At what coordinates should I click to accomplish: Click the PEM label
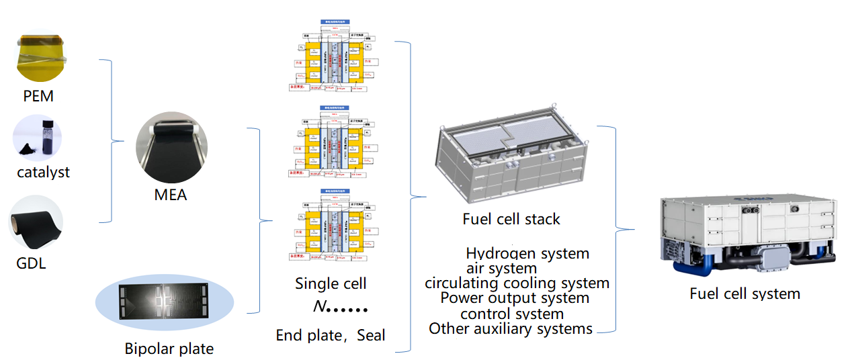[38, 97]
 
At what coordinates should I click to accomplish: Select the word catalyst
[44, 173]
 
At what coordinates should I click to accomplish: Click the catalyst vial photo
[38, 138]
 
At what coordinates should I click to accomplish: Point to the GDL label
[31, 263]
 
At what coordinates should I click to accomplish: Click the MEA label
[171, 196]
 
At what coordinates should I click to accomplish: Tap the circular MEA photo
[171, 148]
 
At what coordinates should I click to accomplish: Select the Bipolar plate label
[169, 349]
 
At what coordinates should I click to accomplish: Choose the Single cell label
[331, 283]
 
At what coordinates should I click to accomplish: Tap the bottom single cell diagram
[331, 226]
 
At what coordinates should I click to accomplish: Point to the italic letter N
[319, 307]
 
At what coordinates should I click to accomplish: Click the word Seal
[371, 335]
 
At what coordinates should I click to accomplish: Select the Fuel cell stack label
[511, 219]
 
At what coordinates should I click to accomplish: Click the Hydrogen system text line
[527, 254]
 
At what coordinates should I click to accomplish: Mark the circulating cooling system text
[517, 283]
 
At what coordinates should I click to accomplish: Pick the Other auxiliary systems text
[511, 329]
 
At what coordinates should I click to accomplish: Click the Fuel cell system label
[744, 294]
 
